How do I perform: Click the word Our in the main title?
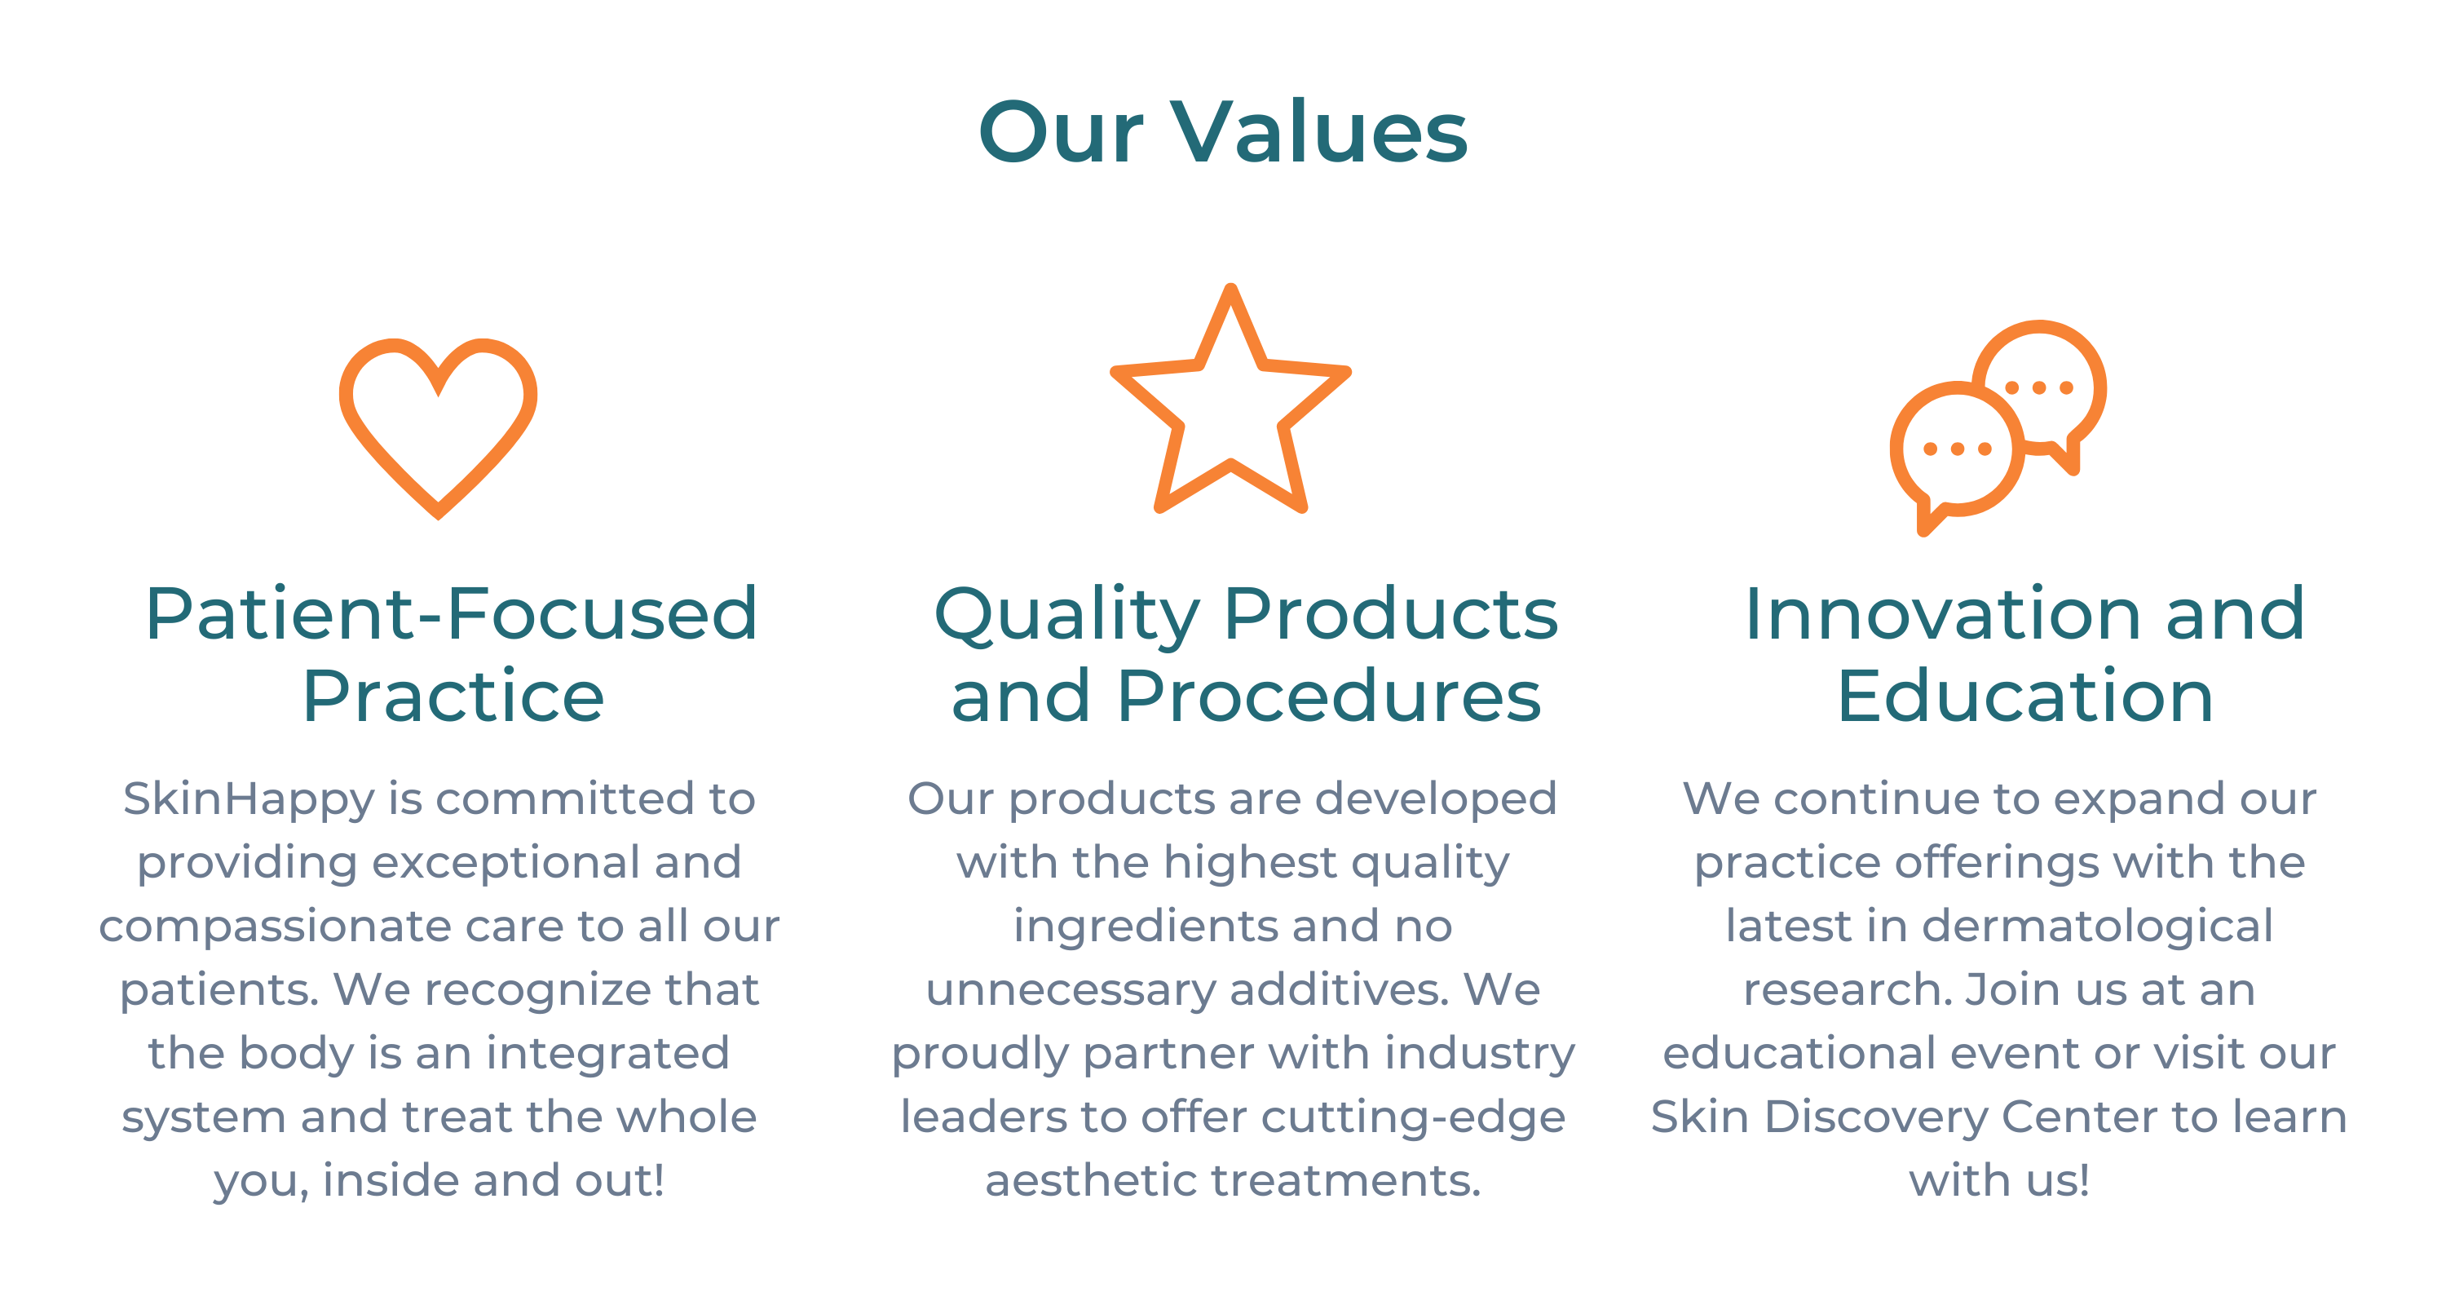[1061, 133]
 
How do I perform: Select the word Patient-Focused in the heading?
[451, 613]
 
